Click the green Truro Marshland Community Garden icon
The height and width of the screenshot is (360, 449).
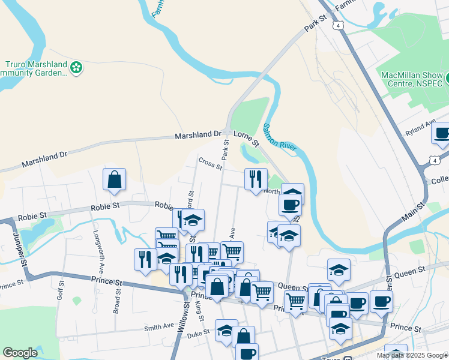click(76, 68)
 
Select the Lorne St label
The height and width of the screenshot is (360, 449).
click(246, 139)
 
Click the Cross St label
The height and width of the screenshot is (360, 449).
click(210, 163)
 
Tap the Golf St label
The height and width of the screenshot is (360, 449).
click(60, 293)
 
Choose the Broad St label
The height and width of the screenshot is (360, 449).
click(116, 304)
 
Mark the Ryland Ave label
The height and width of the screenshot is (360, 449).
click(420, 129)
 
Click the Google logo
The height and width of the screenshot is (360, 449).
click(20, 353)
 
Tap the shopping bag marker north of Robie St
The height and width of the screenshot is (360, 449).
click(114, 180)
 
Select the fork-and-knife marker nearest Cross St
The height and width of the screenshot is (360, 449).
click(256, 179)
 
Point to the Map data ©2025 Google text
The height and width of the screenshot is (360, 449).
click(412, 355)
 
